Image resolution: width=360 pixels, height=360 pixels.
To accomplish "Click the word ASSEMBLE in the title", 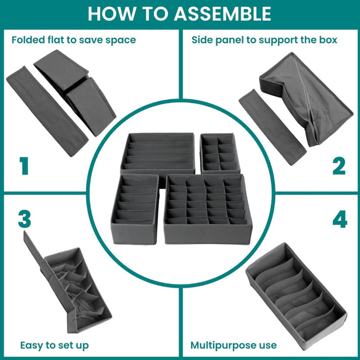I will (223, 13).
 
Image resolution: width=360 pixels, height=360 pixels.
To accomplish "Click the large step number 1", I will (23, 166).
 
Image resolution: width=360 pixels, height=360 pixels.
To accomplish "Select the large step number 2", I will (339, 166).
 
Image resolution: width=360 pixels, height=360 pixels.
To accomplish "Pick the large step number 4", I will (339, 219).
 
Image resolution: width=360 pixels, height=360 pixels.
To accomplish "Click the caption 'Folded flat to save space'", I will (74, 40).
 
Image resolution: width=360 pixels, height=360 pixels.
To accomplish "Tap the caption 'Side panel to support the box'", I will (264, 40).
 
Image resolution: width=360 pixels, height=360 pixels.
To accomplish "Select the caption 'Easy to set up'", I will (54, 346).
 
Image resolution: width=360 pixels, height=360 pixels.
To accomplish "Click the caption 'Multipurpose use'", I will (234, 346).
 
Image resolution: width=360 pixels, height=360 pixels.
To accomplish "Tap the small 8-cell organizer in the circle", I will (220, 153).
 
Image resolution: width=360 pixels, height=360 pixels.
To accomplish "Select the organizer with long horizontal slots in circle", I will (157, 153).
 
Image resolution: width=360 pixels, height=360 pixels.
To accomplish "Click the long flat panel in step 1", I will (47, 110).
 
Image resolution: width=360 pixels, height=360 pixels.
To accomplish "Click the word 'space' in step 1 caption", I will (121, 40).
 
